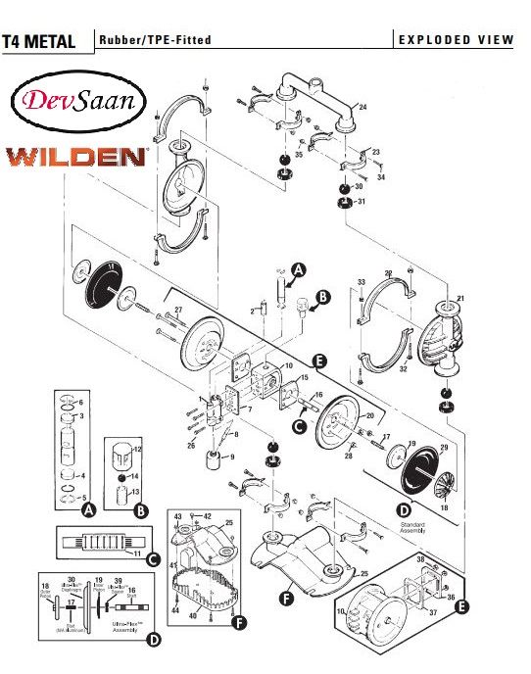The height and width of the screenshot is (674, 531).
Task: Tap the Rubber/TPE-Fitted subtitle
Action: tap(154, 40)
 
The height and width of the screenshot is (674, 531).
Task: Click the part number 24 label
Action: tap(362, 107)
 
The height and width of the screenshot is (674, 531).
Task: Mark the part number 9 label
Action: tap(232, 457)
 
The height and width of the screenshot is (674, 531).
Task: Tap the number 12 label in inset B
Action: tap(138, 448)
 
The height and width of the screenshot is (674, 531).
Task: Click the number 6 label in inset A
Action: tap(80, 403)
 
